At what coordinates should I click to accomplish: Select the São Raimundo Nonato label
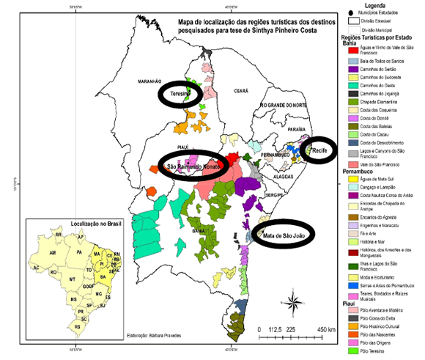pyautogui.click(x=194, y=167)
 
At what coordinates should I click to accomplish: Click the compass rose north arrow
pyautogui.click(x=293, y=300)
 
